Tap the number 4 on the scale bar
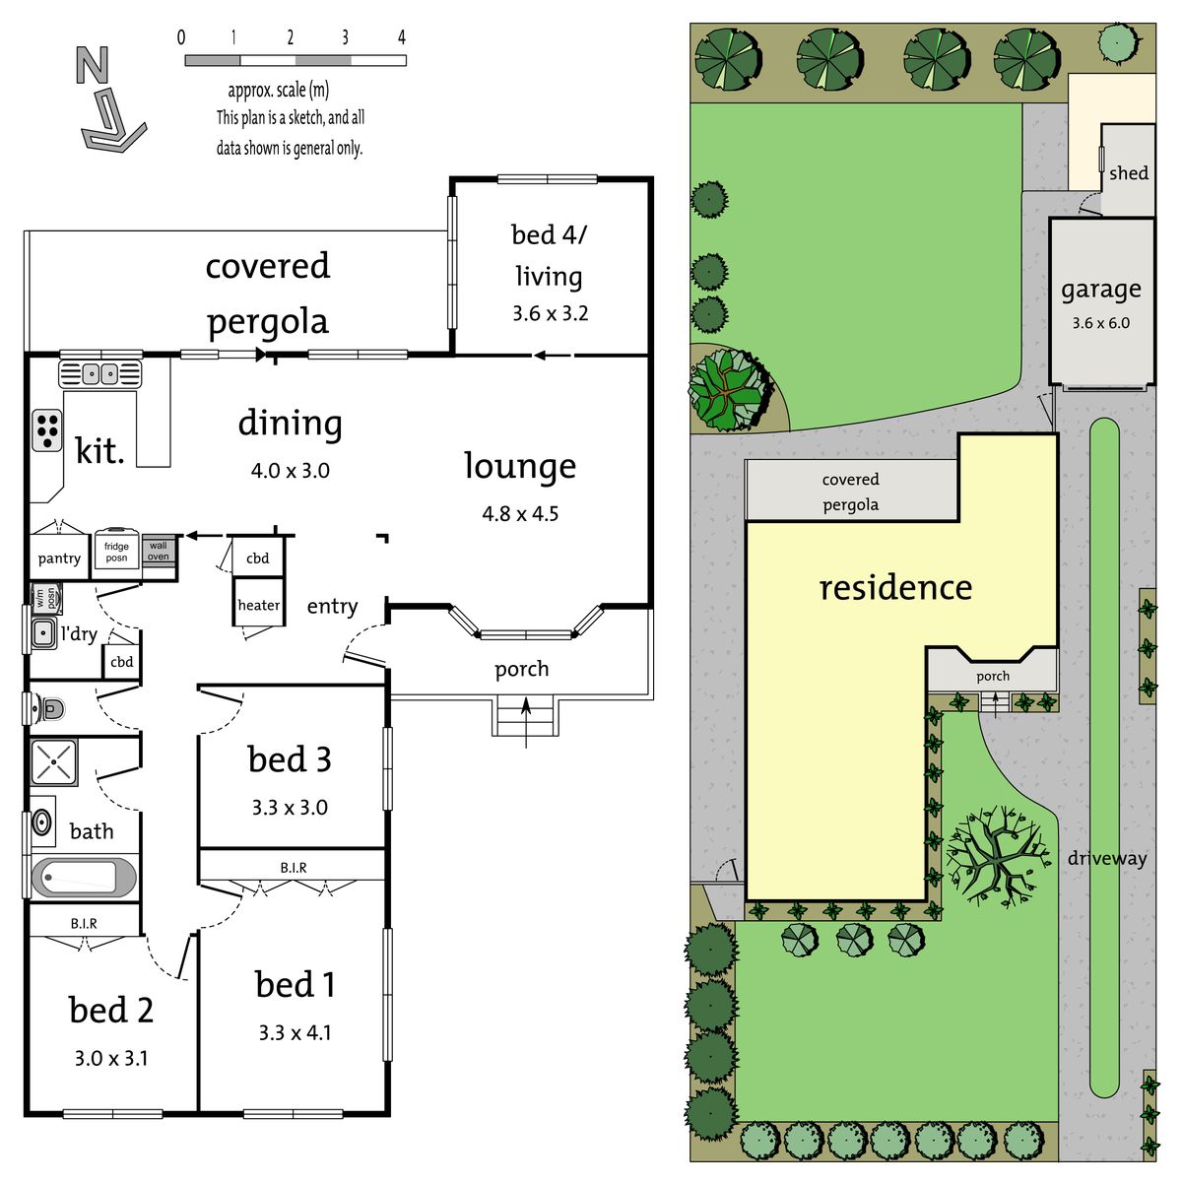pos(401,37)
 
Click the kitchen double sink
pos(100,373)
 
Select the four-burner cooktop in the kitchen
pos(47,430)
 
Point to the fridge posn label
pos(116,552)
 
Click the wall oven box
pos(159,551)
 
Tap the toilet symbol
pos(49,709)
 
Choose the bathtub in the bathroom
pos(84,877)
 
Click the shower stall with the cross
pos(54,761)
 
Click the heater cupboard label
pos(259,605)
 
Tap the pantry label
pos(59,559)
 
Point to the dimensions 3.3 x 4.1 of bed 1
pos(295,1033)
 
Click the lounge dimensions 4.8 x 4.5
pos(520,513)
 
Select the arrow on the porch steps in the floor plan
pos(526,722)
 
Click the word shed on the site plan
pos(1129,173)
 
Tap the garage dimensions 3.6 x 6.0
pos(1101,323)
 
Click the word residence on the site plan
pos(895,588)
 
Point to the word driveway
pos(1107,858)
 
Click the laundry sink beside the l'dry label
pos(43,632)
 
